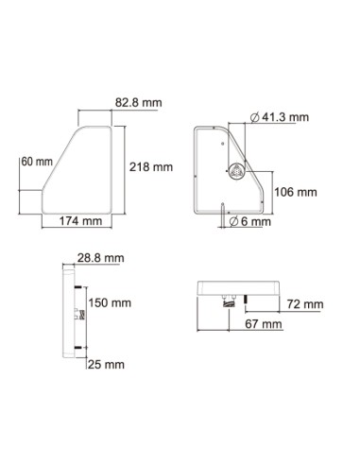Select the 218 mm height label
tap(151, 166)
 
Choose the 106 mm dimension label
tap(294, 192)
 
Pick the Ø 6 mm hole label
tap(252, 223)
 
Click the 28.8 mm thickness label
tap(99, 258)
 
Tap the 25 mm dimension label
tap(106, 363)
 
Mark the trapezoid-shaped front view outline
tap(85, 170)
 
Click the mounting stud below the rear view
tap(223, 219)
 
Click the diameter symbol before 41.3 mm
tap(257, 117)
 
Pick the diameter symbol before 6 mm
tap(235, 223)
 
